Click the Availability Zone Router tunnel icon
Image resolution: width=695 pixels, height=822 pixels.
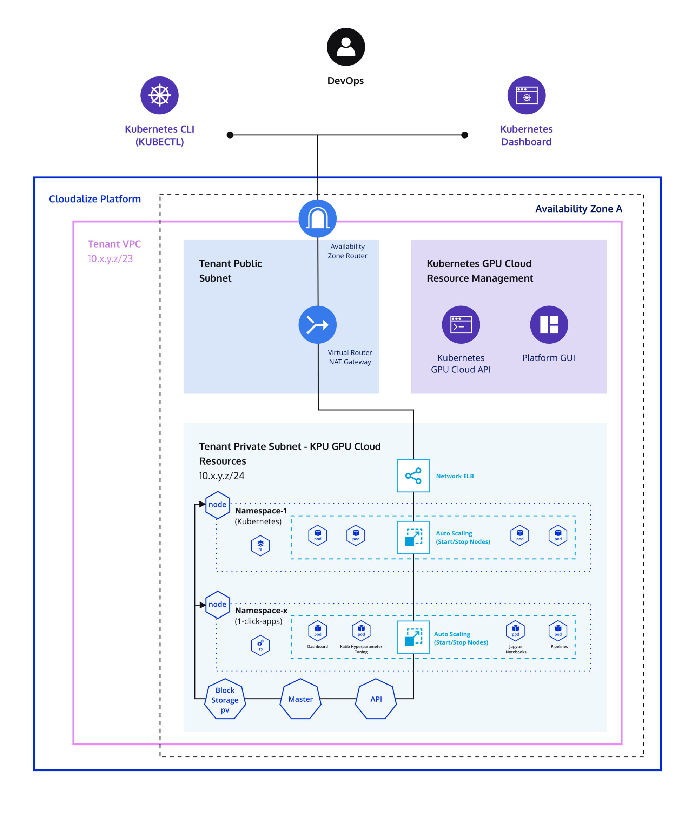pos(317,218)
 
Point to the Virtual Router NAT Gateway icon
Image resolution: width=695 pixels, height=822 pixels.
pos(317,324)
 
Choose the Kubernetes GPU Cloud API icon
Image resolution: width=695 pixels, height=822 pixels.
pos(461,324)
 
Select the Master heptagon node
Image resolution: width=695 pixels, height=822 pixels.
pos(300,699)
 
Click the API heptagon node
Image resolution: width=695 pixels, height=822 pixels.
pos(376,699)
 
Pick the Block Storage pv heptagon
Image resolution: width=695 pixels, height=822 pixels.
pos(225,699)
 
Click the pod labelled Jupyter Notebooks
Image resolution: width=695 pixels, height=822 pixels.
pos(515,630)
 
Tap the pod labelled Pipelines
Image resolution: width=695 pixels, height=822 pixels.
pos(557,630)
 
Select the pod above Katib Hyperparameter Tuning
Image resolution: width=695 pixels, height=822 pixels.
pos(361,630)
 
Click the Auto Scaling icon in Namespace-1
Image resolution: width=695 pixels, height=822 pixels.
pos(413,537)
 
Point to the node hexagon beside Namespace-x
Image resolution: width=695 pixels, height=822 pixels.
pos(218,604)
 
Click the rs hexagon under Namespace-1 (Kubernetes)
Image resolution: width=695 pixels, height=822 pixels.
pos(260,545)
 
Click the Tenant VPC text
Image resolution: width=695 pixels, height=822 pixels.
pos(114,244)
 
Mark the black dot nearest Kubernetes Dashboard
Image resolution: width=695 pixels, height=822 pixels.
pos(464,135)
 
